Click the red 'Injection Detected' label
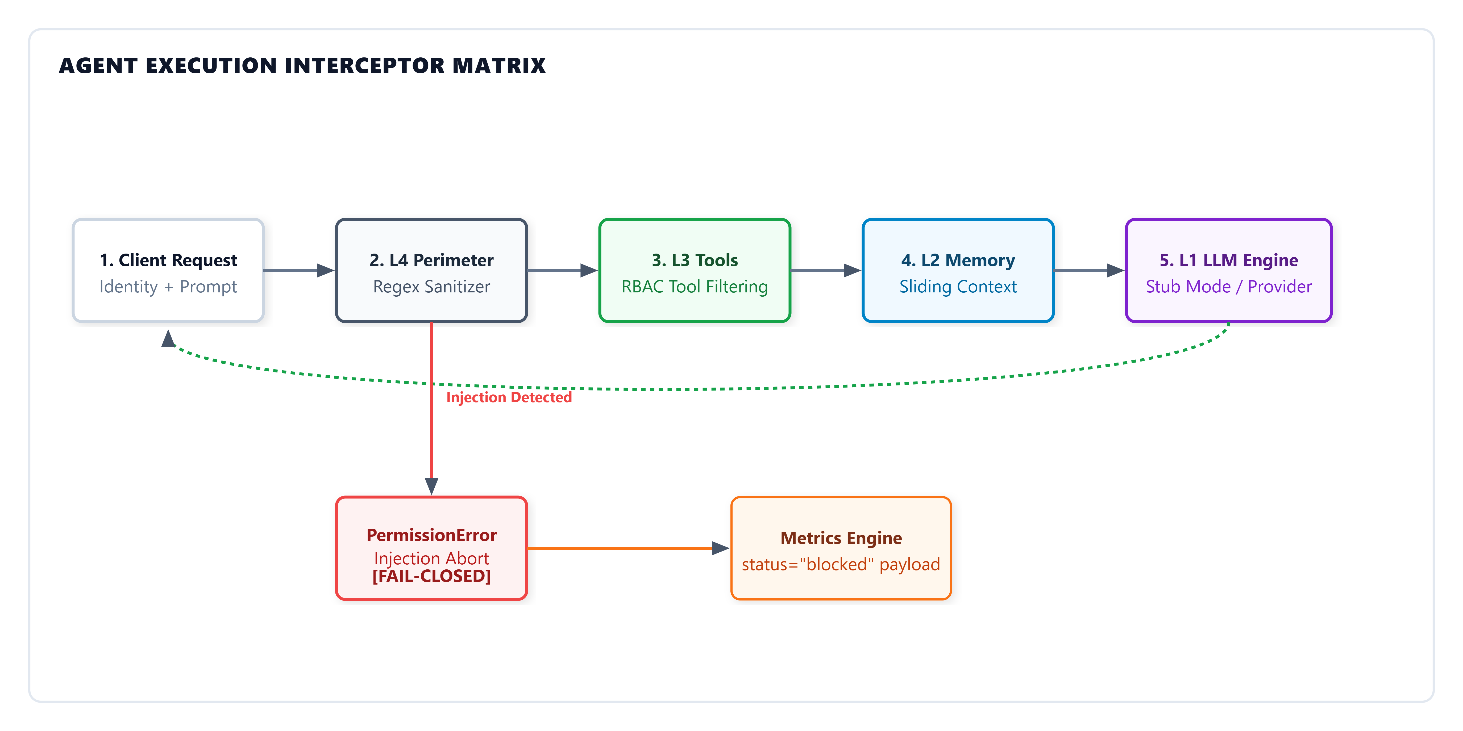pos(509,397)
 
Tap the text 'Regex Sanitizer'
pos(432,287)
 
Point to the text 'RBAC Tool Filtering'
pos(695,287)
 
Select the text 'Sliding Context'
pos(958,287)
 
